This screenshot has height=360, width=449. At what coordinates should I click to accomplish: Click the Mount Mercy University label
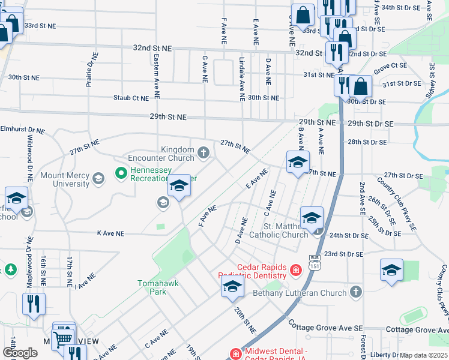65,179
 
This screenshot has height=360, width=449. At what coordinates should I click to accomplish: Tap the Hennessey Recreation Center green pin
121,173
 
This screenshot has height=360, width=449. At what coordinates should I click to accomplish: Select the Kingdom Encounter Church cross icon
203,153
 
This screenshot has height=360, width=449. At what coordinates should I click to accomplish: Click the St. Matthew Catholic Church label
286,230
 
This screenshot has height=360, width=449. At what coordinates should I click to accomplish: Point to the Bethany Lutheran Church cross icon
356,292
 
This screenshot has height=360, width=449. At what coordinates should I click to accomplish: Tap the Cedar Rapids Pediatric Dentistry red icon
295,271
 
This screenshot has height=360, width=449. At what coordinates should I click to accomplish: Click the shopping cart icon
62,339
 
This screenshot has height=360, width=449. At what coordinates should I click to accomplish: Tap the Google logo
20,353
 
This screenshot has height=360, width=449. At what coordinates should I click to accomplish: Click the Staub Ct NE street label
130,98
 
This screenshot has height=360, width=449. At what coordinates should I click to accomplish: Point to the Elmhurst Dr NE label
23,129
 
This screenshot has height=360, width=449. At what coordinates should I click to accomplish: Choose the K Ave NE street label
110,233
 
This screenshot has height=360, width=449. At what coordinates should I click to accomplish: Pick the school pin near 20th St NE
232,287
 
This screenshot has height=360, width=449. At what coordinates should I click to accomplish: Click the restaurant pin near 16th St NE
32,304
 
